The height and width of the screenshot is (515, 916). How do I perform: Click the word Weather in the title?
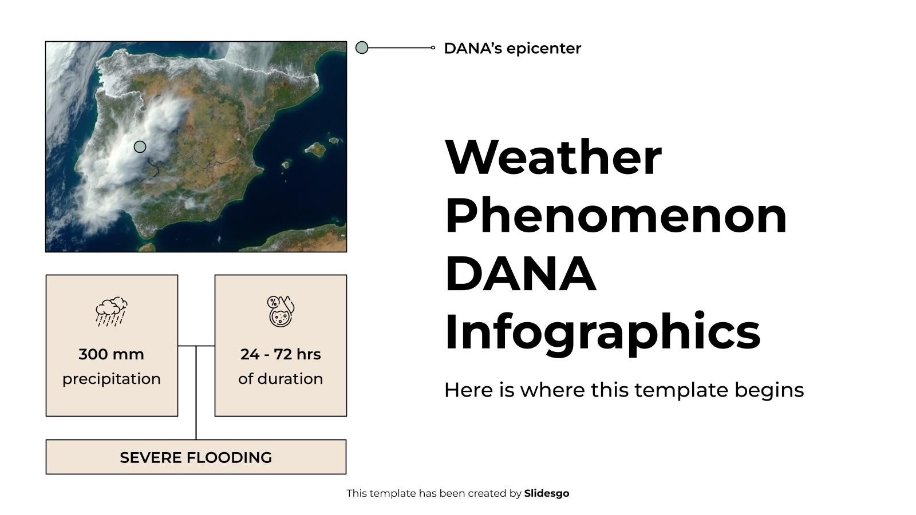click(x=553, y=157)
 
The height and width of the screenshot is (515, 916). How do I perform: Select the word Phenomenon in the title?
click(x=615, y=216)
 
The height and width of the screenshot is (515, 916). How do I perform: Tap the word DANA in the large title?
click(x=520, y=274)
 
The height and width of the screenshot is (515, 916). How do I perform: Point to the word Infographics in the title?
click(x=602, y=332)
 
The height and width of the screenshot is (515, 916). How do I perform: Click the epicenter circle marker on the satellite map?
click(x=140, y=147)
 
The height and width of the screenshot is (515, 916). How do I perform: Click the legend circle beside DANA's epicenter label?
click(x=362, y=47)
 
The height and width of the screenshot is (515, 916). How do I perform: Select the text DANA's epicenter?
click(x=512, y=49)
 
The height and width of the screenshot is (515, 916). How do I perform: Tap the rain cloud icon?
click(x=112, y=312)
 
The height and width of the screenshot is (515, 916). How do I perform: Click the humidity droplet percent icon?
click(x=281, y=311)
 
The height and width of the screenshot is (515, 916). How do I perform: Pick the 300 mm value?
click(x=111, y=354)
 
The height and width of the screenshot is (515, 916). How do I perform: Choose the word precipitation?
click(x=111, y=379)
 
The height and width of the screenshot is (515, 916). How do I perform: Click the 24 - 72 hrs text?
click(x=281, y=354)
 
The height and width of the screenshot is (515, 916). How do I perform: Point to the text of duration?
click(x=281, y=379)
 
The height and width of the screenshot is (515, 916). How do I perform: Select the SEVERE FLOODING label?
click(x=196, y=458)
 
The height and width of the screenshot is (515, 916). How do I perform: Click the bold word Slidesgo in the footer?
click(x=546, y=493)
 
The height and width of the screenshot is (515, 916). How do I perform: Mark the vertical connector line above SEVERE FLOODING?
click(x=196, y=395)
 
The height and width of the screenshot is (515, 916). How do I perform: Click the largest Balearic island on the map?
click(x=315, y=149)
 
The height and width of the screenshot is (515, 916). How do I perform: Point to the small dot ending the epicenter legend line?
click(x=433, y=47)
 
